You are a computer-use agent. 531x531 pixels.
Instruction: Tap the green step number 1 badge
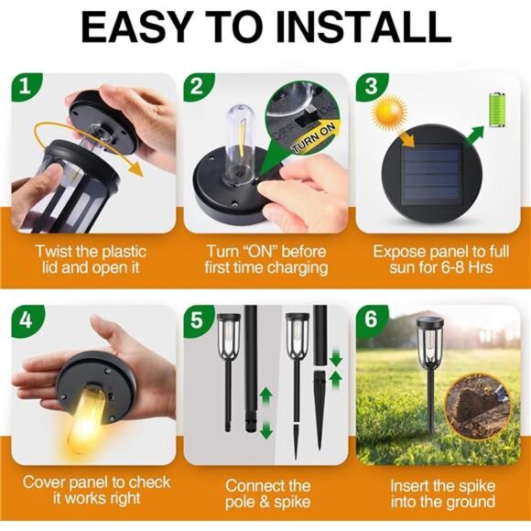coord(26,87)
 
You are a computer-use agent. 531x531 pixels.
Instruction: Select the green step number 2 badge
coord(198,87)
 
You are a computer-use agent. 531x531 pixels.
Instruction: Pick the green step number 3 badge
coord(371,87)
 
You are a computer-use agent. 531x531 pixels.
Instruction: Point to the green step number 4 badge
coord(27,320)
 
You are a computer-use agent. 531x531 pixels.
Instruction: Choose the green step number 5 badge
coord(198,320)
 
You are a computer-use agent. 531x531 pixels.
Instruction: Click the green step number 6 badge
coord(371,320)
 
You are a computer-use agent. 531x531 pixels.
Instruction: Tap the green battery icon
coord(497,110)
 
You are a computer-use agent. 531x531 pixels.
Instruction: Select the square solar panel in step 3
coord(431,175)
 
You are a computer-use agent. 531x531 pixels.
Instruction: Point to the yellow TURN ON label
coord(314,138)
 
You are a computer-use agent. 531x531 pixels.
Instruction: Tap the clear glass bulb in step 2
coord(240,143)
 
